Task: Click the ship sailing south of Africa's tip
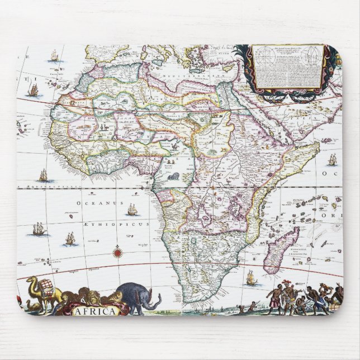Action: (250, 276)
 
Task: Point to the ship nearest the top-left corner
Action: (54, 56)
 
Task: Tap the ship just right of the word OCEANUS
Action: (132, 210)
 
